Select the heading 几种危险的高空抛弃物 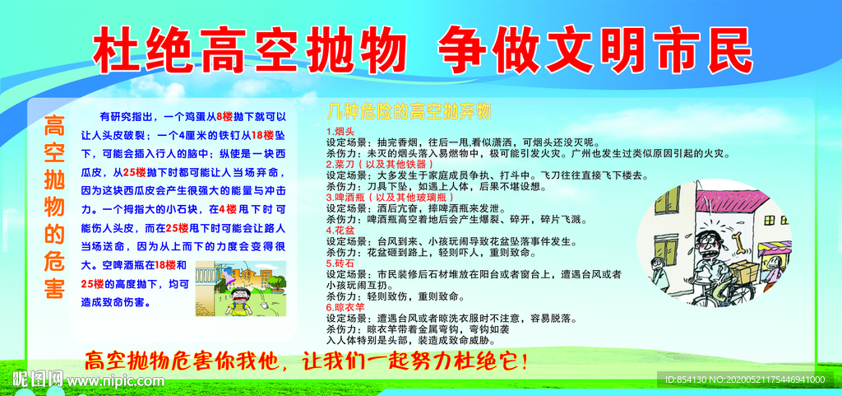pyautogui.click(x=409, y=111)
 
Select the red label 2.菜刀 pyautogui.click(x=340, y=164)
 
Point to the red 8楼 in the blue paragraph pyautogui.click(x=224, y=116)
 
